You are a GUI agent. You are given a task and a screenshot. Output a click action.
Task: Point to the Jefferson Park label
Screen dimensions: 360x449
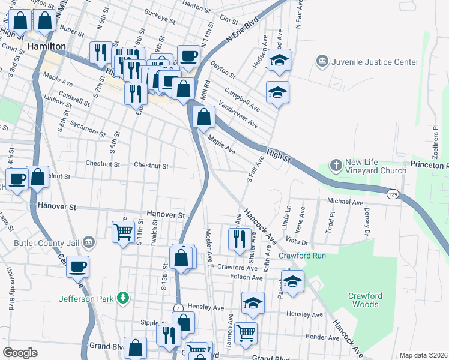87,298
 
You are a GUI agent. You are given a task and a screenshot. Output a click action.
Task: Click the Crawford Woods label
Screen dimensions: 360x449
364,300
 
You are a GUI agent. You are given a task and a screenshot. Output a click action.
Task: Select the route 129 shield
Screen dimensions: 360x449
392,194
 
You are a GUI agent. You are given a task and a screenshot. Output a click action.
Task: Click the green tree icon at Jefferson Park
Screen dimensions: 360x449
123,298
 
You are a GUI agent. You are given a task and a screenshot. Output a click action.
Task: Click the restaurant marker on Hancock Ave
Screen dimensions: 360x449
240,238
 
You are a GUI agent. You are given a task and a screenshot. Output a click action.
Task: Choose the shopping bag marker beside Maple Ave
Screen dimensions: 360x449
204,116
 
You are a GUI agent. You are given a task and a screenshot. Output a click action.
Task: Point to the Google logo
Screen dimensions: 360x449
20,353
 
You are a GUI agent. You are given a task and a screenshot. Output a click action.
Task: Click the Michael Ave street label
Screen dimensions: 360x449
346,202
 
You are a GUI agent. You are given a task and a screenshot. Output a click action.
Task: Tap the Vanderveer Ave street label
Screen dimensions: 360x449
238,115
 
